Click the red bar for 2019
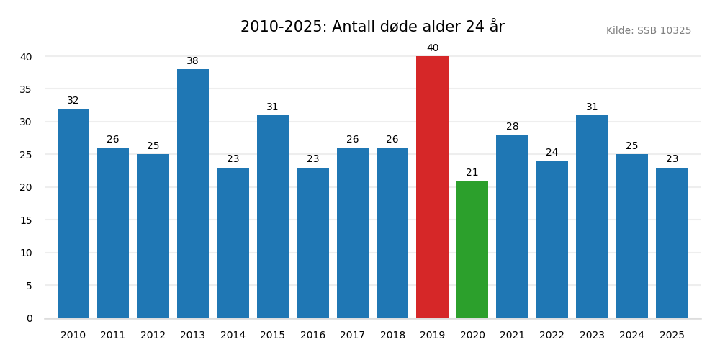click(432, 187)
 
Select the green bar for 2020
click(472, 249)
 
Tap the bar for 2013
click(193, 194)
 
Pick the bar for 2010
click(73, 213)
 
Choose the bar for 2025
click(672, 243)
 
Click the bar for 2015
click(273, 217)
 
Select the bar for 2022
click(552, 239)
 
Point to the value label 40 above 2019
click(432, 48)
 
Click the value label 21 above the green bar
click(472, 173)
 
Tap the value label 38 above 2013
click(193, 61)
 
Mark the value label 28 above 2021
click(512, 127)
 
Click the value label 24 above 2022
click(552, 153)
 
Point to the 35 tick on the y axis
click(26, 89)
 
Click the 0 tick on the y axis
click(30, 318)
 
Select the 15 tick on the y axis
click(26, 220)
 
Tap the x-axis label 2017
click(352, 336)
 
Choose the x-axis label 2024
click(631, 336)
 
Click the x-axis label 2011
click(113, 336)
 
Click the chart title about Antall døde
click(372, 27)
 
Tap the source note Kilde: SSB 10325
click(648, 31)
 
